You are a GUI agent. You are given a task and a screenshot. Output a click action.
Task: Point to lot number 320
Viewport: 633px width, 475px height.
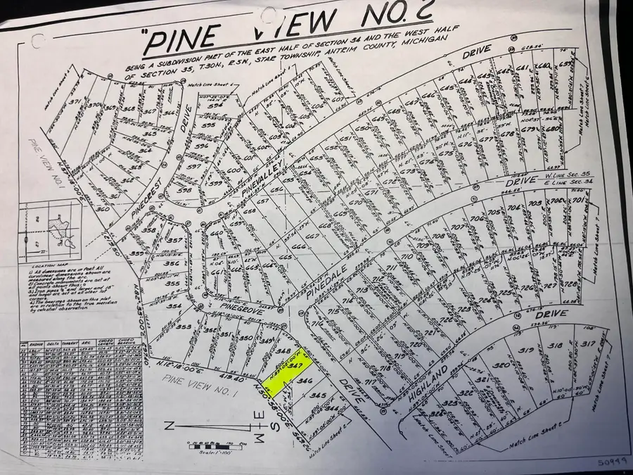[501, 366]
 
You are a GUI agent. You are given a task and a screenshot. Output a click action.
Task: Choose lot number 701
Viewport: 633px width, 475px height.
[577, 201]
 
